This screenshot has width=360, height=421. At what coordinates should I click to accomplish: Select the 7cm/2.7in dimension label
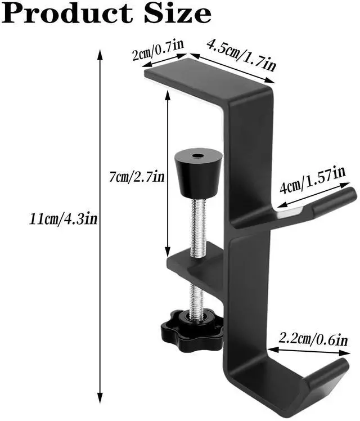click(x=137, y=177)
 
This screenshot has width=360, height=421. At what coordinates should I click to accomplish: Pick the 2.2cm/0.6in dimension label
click(x=313, y=339)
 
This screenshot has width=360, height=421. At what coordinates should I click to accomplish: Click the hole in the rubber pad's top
click(x=197, y=154)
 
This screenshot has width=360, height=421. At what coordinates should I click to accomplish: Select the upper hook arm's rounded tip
click(x=349, y=198)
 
